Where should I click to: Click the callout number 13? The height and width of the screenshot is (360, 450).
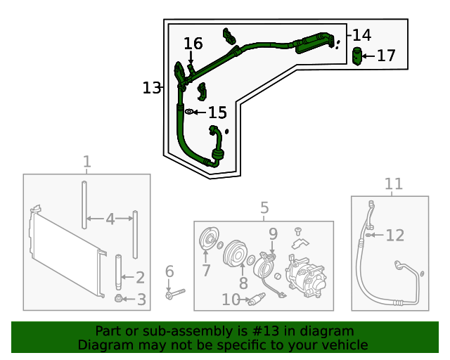(x=151, y=88)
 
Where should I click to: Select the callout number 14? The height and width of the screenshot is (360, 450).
(x=361, y=34)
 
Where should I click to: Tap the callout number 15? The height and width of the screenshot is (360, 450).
(x=217, y=112)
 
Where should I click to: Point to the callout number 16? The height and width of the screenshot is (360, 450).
(x=193, y=44)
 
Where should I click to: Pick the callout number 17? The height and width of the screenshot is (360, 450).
(x=387, y=56)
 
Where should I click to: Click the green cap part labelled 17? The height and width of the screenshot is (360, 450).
(x=357, y=56)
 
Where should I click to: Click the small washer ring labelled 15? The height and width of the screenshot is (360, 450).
(x=189, y=112)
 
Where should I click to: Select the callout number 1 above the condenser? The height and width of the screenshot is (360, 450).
(x=86, y=162)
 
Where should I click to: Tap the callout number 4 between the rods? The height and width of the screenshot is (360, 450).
(x=110, y=219)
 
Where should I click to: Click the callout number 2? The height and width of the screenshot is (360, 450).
(x=140, y=277)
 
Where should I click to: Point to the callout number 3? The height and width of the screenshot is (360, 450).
(x=141, y=300)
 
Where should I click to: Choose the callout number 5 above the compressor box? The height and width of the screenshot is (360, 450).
(x=264, y=208)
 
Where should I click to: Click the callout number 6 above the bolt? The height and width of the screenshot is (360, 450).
(x=169, y=271)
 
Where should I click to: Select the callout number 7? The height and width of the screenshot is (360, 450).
(x=206, y=271)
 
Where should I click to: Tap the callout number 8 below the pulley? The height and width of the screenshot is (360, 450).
(x=243, y=283)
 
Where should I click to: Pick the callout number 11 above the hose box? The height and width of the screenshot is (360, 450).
(x=394, y=184)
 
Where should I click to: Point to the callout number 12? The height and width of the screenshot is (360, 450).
(x=395, y=235)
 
